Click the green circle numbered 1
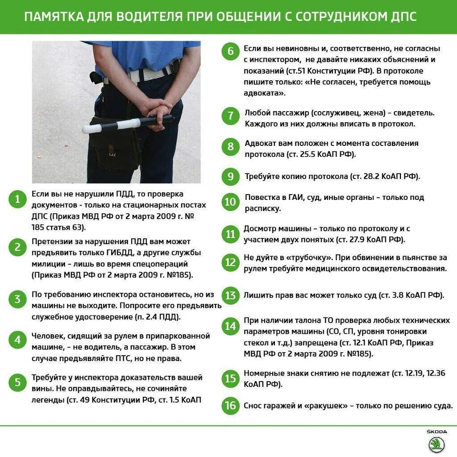tap(17, 199)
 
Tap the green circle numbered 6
tap(230, 51)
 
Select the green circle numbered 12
tap(230, 262)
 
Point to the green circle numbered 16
tap(230, 405)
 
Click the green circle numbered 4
tap(17, 341)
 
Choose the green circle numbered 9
tap(230, 176)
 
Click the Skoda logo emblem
tap(436, 445)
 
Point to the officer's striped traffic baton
tap(127, 124)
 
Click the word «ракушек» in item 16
tap(325, 406)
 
